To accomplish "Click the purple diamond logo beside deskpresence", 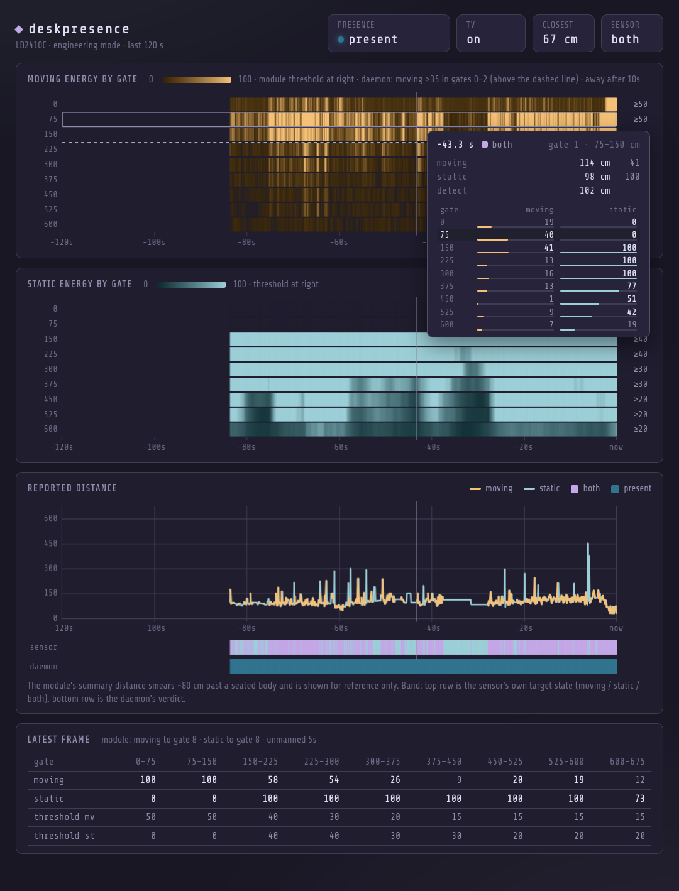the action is point(19,30).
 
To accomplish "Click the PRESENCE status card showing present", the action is point(389,33).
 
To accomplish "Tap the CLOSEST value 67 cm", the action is point(560,40).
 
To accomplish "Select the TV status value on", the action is point(473,40).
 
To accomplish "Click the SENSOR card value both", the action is point(625,40).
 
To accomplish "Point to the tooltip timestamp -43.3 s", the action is point(455,145).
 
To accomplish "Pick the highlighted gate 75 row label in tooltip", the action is point(444,234).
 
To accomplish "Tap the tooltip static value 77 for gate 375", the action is point(631,286).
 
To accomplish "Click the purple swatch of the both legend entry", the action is point(575,489).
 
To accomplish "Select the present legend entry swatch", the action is point(616,489).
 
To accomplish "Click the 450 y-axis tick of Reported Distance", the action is point(51,543).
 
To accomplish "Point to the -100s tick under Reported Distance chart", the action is point(154,628).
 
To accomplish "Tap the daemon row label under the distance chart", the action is point(43,667).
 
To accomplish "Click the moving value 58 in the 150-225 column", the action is point(273,780).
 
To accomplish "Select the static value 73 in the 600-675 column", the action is point(640,799).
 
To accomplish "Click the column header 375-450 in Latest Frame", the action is point(444,762).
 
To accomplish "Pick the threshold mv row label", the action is point(64,817).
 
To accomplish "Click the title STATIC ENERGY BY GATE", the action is point(80,284).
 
